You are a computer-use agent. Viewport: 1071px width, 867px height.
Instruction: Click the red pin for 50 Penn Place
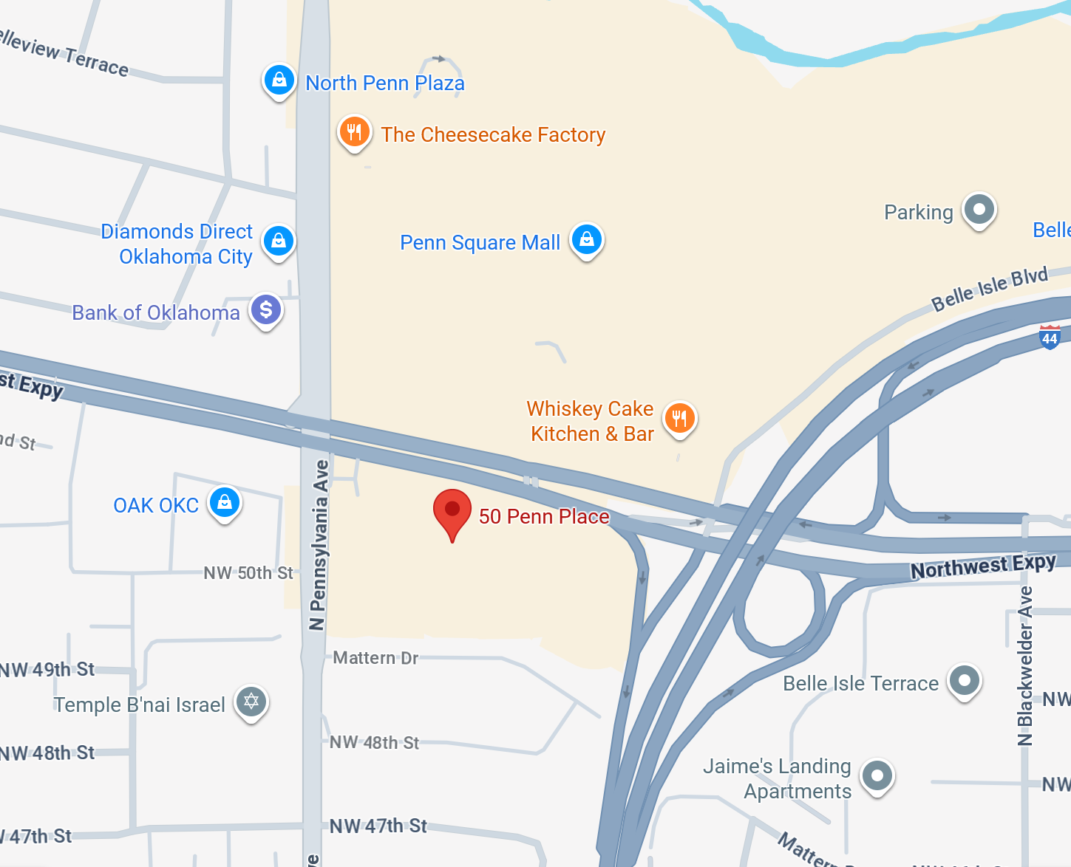(x=452, y=511)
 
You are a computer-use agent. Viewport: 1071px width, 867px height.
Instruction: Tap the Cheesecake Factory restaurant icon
(x=354, y=132)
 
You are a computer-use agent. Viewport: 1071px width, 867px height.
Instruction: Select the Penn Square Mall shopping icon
(x=587, y=240)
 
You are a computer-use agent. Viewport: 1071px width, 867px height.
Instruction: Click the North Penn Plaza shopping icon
(x=279, y=80)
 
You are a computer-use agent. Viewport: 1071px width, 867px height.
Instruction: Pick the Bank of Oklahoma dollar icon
(x=266, y=310)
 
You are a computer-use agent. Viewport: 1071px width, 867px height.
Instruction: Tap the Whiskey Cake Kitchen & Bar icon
(x=679, y=419)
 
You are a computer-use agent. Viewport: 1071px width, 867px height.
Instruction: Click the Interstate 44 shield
(x=1050, y=337)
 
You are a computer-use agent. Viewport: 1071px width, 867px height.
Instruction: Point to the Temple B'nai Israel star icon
(x=251, y=701)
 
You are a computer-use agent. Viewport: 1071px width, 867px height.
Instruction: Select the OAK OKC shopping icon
(x=225, y=503)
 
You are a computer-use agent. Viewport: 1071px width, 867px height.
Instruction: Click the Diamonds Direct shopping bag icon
(x=279, y=241)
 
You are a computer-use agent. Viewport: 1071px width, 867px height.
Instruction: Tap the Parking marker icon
(x=979, y=210)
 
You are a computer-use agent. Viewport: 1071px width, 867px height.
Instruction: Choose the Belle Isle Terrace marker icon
(x=965, y=680)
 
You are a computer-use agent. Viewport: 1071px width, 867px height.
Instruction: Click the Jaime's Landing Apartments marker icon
(x=877, y=776)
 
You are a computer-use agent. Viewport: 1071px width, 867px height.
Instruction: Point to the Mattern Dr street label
(x=375, y=657)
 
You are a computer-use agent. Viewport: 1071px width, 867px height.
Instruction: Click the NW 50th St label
(x=248, y=573)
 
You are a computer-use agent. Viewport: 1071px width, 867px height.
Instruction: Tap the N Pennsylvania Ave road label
(x=318, y=545)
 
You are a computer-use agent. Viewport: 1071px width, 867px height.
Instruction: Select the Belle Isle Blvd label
(x=989, y=289)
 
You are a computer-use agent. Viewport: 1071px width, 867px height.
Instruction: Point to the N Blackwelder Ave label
(x=1024, y=665)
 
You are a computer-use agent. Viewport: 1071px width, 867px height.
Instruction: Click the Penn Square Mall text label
(x=480, y=242)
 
